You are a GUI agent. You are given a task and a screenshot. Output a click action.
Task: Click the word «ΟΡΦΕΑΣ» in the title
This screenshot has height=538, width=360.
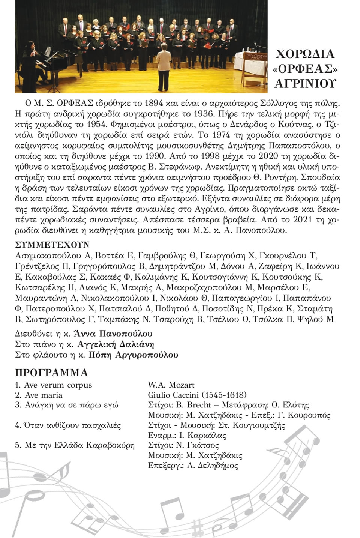pyautogui.click(x=304, y=69)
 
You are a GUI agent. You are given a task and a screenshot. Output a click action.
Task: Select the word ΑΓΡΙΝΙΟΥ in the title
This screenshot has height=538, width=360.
pyautogui.click(x=305, y=84)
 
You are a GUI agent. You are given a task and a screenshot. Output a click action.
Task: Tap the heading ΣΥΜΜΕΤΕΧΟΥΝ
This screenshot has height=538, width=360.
pyautogui.click(x=52, y=245)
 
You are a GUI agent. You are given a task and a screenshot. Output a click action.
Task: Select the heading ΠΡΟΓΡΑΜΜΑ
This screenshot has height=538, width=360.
pyautogui.click(x=52, y=373)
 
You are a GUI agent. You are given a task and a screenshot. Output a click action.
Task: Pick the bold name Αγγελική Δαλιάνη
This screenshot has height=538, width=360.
pyautogui.click(x=115, y=344)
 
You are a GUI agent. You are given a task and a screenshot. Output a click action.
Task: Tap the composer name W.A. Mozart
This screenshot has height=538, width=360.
pyautogui.click(x=171, y=385)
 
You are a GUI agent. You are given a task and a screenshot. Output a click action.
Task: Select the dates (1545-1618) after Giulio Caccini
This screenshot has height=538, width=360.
pyautogui.click(x=224, y=395)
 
